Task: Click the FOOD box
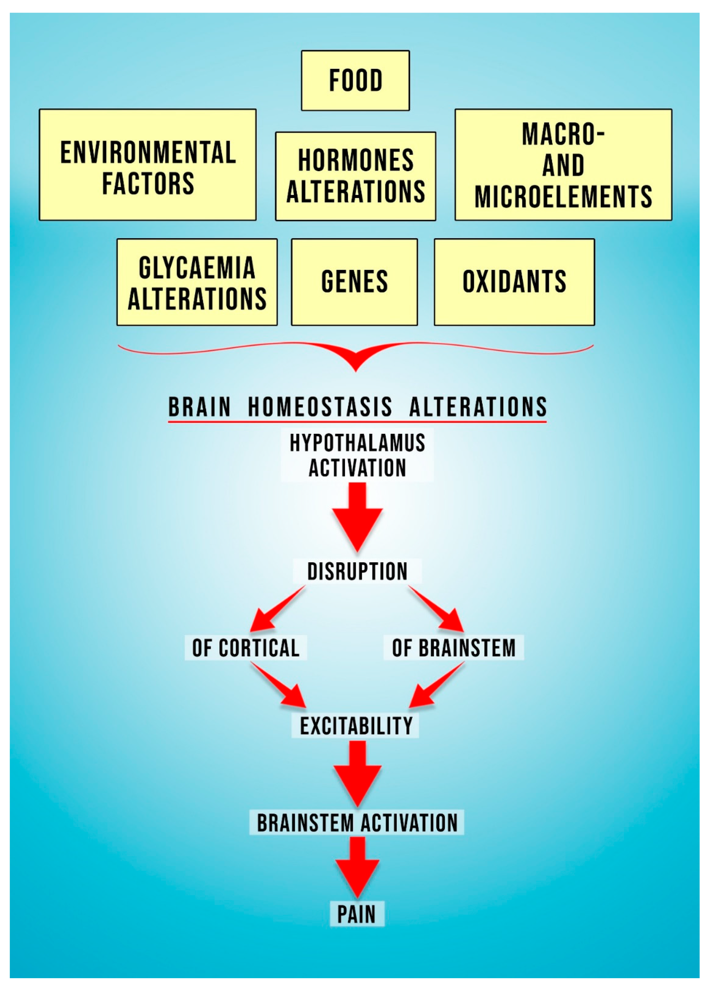click(x=355, y=80)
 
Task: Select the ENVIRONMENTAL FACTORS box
click(x=148, y=165)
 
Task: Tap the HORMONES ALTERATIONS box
click(x=355, y=176)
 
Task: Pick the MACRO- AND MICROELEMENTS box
click(x=563, y=165)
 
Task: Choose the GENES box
click(x=354, y=282)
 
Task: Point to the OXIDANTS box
click(x=514, y=282)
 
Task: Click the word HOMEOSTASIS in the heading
click(x=320, y=407)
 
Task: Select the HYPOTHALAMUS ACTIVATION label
click(x=357, y=455)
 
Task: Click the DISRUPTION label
click(x=357, y=571)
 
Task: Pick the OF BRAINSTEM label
click(x=453, y=648)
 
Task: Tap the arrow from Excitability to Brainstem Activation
click(x=357, y=774)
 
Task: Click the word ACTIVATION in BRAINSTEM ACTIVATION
click(x=409, y=823)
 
